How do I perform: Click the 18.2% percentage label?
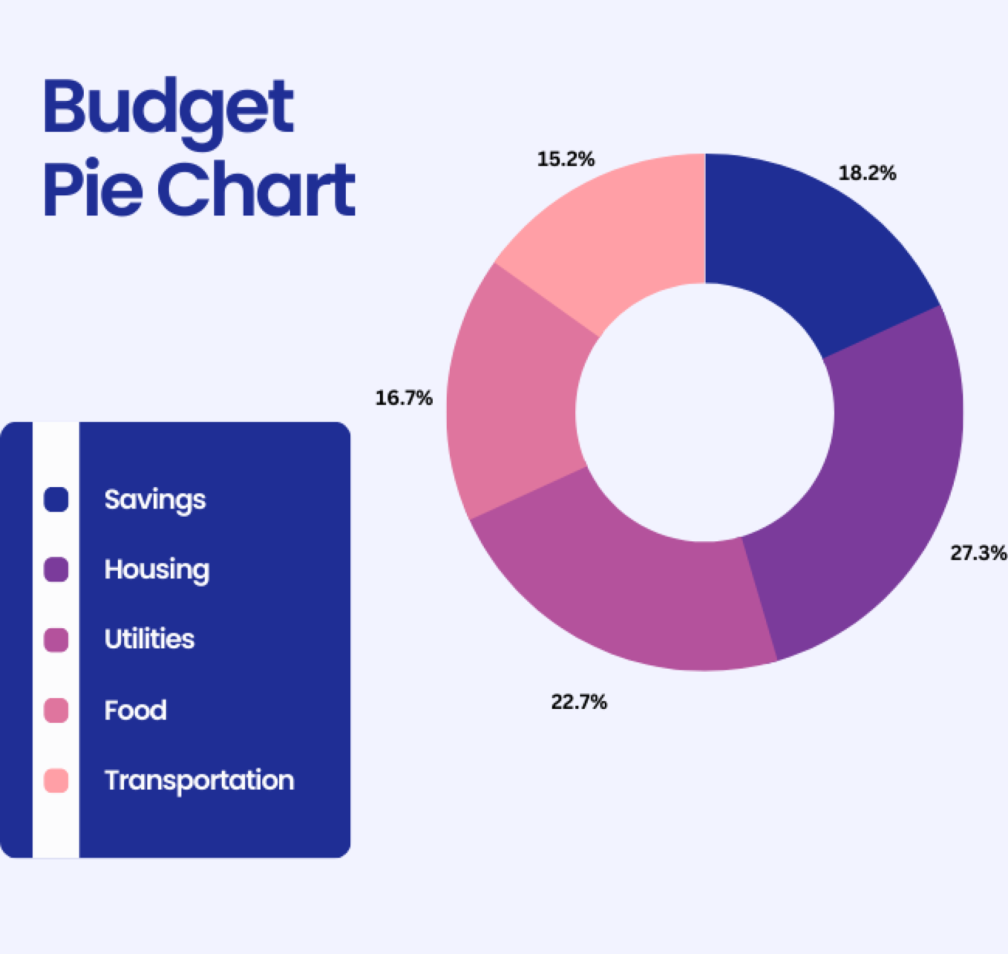[x=867, y=173]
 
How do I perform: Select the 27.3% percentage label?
[x=978, y=553]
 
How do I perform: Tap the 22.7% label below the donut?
[x=579, y=702]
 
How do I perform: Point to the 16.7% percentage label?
[x=404, y=398]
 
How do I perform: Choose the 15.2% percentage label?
[x=565, y=159]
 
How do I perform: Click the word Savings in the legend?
[x=155, y=500]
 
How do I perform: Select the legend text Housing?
[x=157, y=570]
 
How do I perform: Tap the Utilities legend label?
[x=149, y=639]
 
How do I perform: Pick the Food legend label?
[x=135, y=710]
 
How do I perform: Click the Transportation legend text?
[x=199, y=781]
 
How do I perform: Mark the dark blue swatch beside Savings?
[x=56, y=500]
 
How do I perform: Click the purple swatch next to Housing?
[x=56, y=570]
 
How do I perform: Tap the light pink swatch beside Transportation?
[x=56, y=781]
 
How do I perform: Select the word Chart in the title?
[x=256, y=189]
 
